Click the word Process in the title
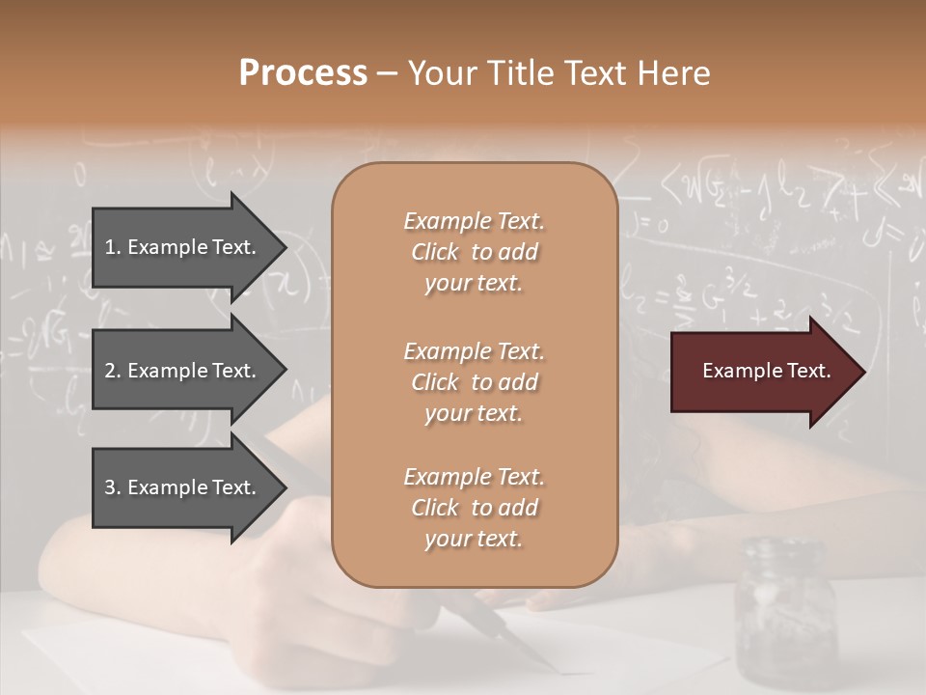[303, 73]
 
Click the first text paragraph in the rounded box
[474, 252]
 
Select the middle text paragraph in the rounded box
[474, 381]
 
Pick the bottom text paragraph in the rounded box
[474, 508]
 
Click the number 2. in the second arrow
[113, 371]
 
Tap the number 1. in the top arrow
[113, 247]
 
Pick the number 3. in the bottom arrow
[113, 487]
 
